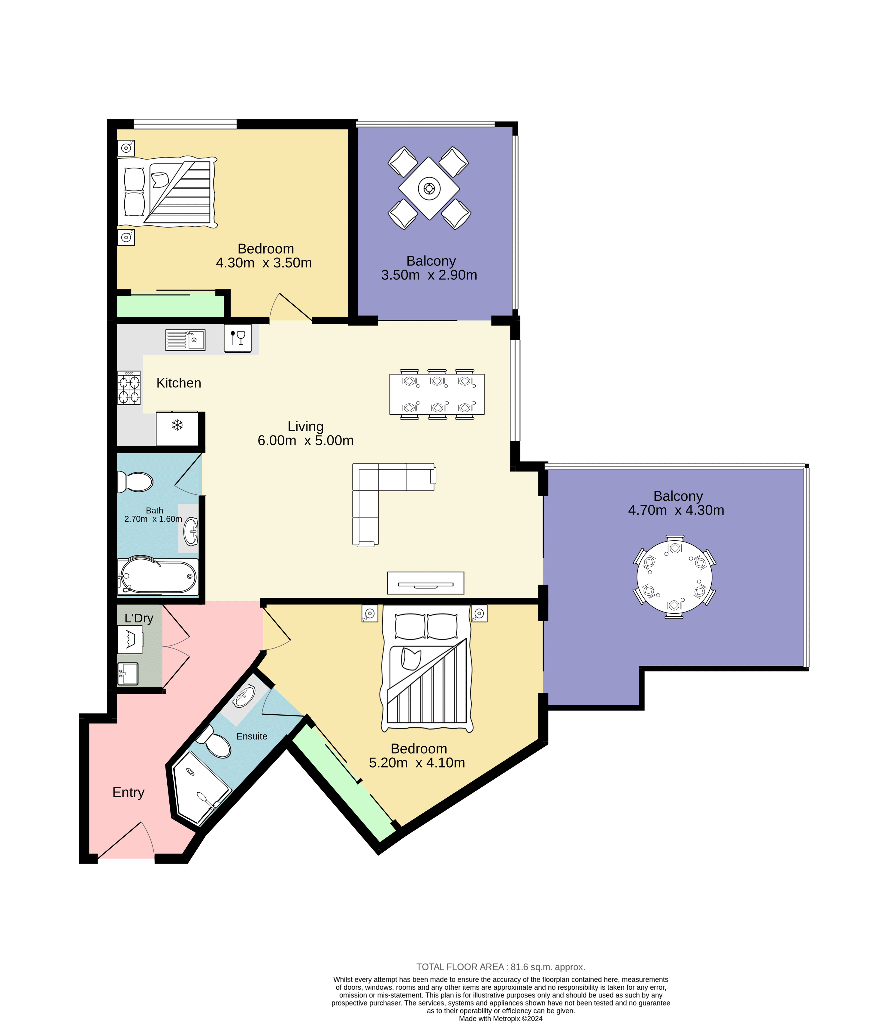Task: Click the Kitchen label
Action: (179, 383)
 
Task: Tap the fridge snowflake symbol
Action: (177, 425)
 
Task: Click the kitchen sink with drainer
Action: (185, 340)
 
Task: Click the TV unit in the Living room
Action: (425, 583)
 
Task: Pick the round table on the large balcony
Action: (674, 577)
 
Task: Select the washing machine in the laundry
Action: (130, 639)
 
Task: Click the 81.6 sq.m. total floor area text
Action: (501, 967)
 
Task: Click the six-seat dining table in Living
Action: (437, 394)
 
